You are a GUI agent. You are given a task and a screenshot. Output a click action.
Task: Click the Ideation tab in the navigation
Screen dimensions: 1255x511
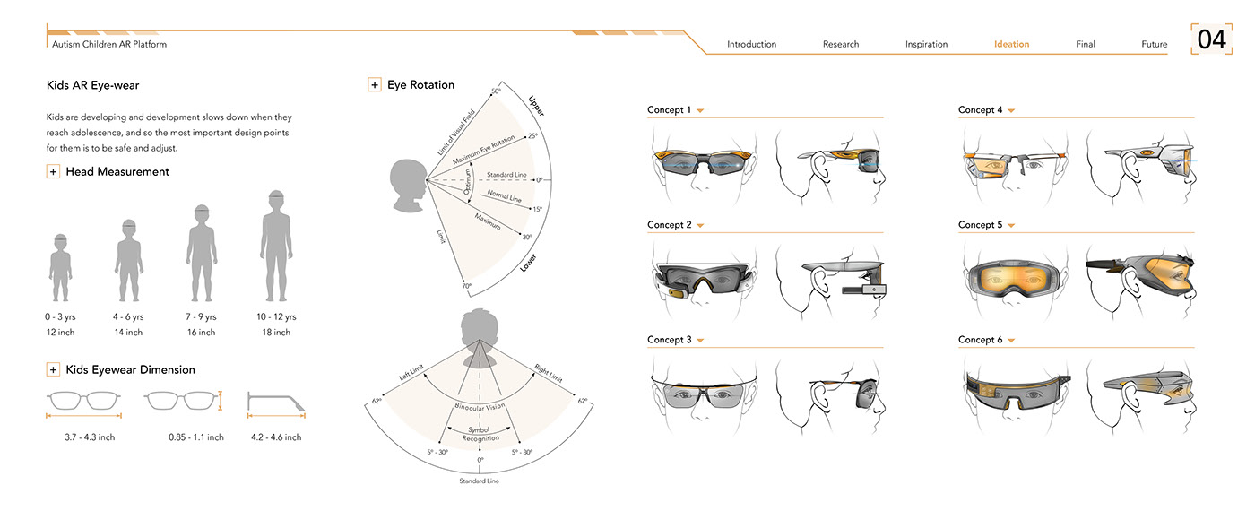point(1011,44)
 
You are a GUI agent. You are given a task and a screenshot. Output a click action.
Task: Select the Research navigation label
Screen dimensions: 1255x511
point(841,44)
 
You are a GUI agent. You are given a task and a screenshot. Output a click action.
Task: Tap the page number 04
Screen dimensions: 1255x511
point(1211,39)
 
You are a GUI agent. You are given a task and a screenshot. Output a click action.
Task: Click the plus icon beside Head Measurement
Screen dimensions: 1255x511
point(53,171)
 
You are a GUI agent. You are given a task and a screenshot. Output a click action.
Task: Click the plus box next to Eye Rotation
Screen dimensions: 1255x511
point(375,84)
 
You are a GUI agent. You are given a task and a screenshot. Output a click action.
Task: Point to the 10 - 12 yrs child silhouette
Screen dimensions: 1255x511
point(276,246)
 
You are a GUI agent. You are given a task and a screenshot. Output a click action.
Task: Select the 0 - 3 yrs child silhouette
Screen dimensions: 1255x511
point(61,268)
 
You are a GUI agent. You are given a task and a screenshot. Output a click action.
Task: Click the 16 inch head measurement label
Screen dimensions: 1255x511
point(201,333)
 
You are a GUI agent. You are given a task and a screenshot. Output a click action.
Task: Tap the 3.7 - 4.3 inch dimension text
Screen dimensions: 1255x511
point(90,437)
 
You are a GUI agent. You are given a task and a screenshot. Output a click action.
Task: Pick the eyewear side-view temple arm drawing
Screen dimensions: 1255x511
point(276,402)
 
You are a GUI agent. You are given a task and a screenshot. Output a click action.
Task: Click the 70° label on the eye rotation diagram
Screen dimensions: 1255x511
point(467,286)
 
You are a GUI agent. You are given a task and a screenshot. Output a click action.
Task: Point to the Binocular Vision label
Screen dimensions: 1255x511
point(480,407)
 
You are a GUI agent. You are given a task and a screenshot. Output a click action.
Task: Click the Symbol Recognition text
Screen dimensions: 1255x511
point(480,434)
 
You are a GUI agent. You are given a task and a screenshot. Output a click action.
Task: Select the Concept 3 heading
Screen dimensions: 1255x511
point(669,340)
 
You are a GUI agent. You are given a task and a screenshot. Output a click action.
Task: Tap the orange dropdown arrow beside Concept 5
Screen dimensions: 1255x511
point(1011,225)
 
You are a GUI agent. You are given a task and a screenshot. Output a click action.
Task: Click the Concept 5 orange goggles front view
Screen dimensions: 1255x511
point(1014,279)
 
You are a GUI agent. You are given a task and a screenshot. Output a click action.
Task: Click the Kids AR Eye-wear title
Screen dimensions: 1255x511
point(92,85)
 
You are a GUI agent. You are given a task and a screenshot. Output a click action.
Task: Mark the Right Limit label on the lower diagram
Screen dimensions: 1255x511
point(548,373)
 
